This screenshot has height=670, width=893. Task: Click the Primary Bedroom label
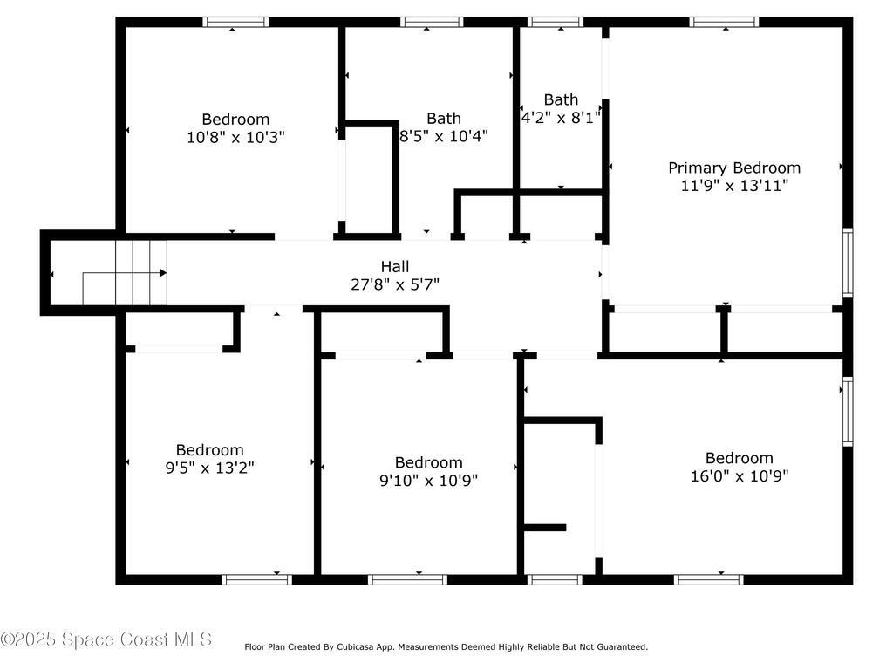click(x=734, y=168)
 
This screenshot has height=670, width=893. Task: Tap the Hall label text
click(x=395, y=266)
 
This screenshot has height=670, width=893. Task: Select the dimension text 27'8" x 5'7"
click(x=395, y=284)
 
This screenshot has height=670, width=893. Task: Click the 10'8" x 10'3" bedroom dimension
click(x=235, y=137)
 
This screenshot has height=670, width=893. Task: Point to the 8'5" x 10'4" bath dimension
click(x=444, y=136)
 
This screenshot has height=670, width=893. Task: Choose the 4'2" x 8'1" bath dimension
click(x=561, y=118)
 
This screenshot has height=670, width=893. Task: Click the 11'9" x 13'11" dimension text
click(x=734, y=186)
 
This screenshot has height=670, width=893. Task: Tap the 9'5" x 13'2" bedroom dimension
click(x=210, y=468)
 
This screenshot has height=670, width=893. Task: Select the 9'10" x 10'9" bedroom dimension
click(x=429, y=481)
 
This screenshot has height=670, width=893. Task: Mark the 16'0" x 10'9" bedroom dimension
click(x=740, y=475)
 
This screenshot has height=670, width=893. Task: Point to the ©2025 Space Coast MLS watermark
click(x=106, y=639)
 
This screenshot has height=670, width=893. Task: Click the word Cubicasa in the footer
click(x=354, y=646)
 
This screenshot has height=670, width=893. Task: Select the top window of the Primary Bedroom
click(x=724, y=22)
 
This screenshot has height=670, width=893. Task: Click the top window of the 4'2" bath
click(x=556, y=22)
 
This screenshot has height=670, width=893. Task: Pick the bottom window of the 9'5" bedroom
click(x=257, y=580)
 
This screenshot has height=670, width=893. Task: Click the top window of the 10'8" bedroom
click(x=235, y=22)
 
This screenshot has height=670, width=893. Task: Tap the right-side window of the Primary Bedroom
click(x=848, y=263)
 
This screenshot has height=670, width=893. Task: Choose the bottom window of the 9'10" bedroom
click(x=407, y=580)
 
